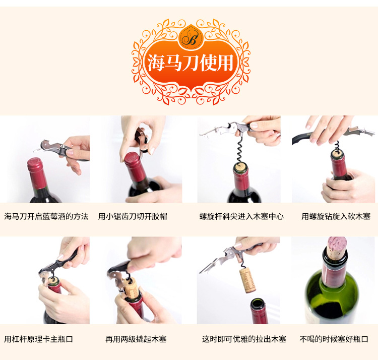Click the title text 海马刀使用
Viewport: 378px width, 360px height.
[191, 63]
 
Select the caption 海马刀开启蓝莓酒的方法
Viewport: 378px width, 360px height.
[46, 216]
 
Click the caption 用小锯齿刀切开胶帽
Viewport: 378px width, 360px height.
[133, 216]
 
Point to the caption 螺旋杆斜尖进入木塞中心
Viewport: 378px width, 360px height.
[241, 216]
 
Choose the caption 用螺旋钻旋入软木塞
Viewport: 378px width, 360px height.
[336, 216]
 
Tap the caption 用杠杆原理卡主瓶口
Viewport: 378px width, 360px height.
[39, 339]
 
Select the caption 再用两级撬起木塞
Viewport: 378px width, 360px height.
[136, 339]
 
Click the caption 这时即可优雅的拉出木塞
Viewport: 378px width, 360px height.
[244, 339]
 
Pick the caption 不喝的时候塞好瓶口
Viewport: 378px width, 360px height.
[334, 339]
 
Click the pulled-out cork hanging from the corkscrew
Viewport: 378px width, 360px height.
[247, 280]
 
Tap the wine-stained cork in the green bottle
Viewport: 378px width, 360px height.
[337, 248]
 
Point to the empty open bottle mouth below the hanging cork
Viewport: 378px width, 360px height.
[258, 302]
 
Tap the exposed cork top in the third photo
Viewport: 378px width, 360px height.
[241, 166]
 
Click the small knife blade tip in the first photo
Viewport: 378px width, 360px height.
[34, 151]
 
